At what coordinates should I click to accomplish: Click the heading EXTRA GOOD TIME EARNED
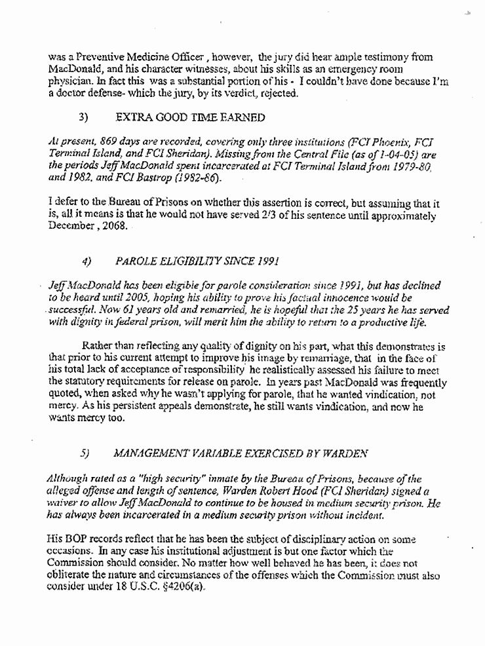click(190, 117)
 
